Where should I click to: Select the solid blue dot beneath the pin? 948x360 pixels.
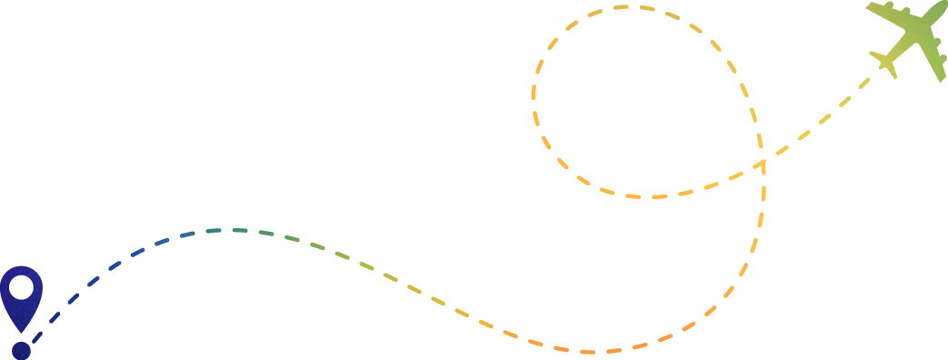21,350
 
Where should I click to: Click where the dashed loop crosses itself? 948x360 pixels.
762,164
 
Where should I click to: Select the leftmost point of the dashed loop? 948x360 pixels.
533,100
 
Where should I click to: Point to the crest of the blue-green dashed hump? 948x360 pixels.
227,230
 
